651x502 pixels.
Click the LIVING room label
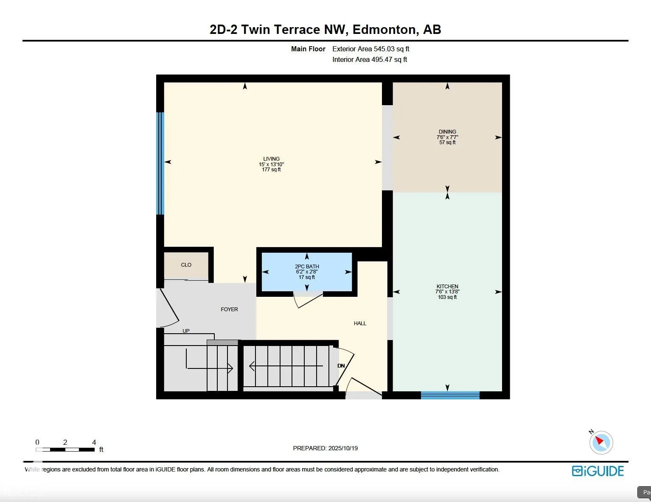[271, 159]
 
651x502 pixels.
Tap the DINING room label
[447, 132]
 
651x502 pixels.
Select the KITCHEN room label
[447, 287]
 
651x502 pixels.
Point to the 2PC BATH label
[307, 267]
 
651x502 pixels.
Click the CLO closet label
[186, 265]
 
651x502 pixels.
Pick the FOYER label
[229, 310]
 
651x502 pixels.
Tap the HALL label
[360, 324]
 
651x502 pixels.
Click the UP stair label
[186, 331]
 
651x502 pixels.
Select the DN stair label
[341, 366]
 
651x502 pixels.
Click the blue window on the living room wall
[160, 163]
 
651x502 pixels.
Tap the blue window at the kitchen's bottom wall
[450, 395]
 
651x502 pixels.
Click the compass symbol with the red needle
[601, 442]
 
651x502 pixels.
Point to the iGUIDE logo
[598, 471]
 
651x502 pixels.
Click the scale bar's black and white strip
[65, 449]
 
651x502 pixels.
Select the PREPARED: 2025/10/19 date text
[325, 448]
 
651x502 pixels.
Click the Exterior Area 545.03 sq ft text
[370, 49]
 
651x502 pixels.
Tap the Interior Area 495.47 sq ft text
[370, 60]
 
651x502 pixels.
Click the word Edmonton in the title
[384, 30]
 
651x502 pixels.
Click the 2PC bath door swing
[308, 299]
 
